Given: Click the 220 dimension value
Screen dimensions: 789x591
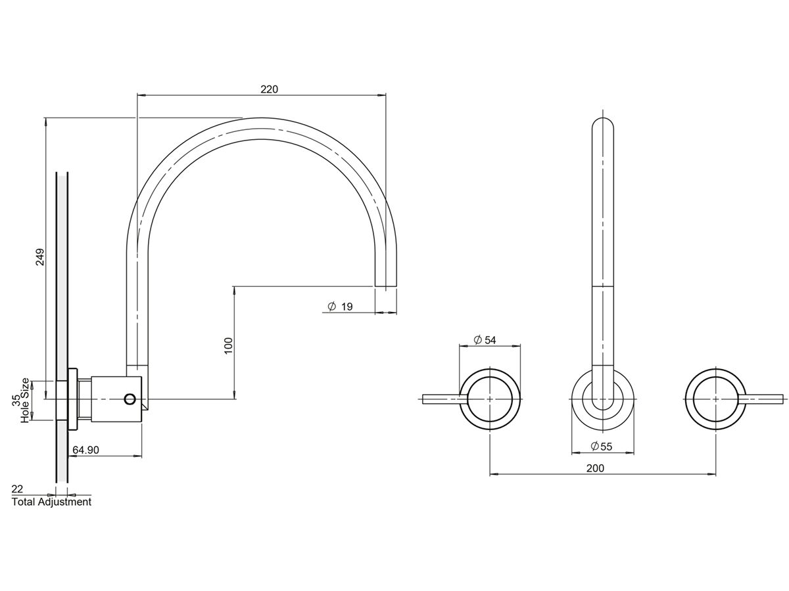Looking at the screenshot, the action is click(269, 89).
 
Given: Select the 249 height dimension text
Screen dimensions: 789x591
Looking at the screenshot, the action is click(40, 257).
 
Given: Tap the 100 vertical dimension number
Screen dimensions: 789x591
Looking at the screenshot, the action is click(229, 345).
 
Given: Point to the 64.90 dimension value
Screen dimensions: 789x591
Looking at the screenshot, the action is click(85, 450).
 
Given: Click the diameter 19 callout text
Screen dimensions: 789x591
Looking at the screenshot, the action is click(340, 307).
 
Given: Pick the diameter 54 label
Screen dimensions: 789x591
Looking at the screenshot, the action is click(485, 339).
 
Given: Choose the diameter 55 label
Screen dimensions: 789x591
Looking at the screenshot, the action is click(601, 447).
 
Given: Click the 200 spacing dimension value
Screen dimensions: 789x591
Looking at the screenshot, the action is click(595, 468).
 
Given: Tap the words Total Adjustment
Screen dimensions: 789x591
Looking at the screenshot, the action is click(51, 502).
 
